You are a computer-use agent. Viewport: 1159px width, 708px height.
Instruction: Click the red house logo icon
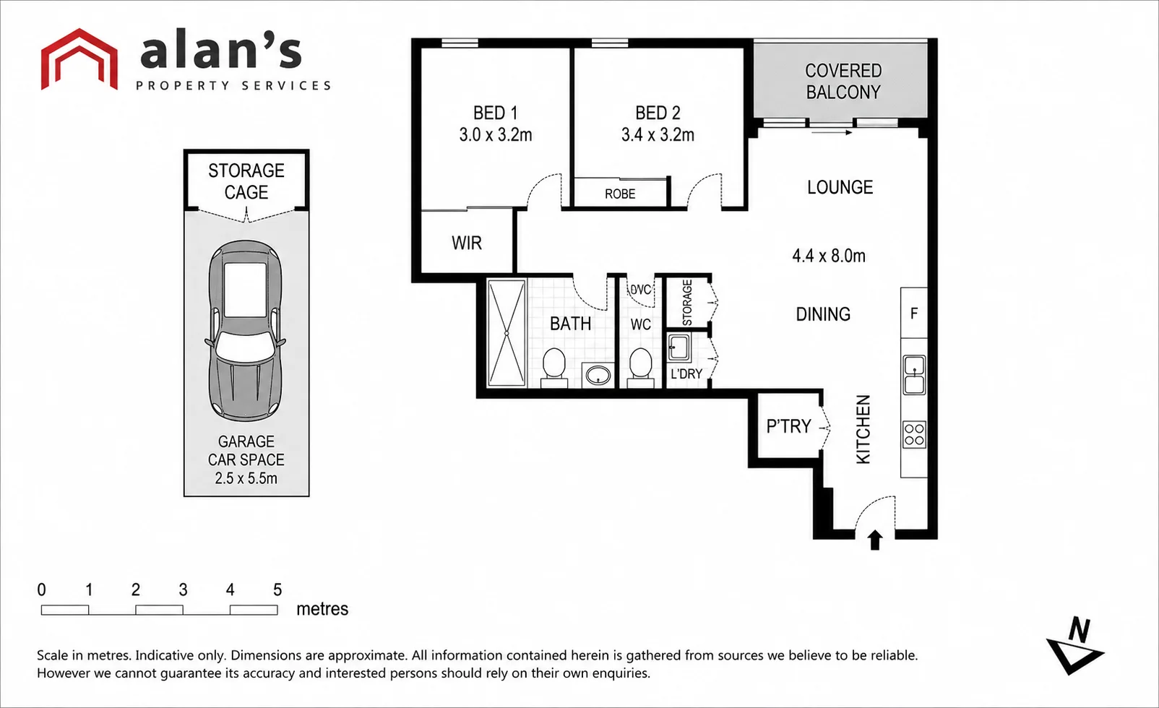point(79,59)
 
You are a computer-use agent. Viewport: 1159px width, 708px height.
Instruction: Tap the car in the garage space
point(245,330)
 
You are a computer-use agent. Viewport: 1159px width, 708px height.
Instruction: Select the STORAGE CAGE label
point(246,181)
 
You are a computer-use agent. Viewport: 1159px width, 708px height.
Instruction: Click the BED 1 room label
point(495,113)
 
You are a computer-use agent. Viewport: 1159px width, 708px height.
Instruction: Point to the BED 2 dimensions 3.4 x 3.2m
point(658,135)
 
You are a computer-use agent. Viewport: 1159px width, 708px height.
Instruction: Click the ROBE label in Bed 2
point(620,194)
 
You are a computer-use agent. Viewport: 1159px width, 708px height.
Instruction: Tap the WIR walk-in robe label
point(467,243)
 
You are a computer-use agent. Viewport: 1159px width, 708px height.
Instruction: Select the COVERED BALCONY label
point(843,81)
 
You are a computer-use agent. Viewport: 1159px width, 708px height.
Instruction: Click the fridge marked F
point(914,313)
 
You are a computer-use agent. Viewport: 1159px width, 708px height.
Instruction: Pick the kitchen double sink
point(914,375)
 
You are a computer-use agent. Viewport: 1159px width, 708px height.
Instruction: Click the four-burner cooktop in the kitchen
point(914,434)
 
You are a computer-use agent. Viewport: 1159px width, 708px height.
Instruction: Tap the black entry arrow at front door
point(875,540)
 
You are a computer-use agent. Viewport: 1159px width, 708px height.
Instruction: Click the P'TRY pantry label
point(788,426)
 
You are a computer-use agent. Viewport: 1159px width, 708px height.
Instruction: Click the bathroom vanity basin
point(598,375)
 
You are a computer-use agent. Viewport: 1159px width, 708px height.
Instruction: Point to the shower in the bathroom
point(507,333)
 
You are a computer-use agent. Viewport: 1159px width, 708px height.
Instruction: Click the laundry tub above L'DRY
point(678,347)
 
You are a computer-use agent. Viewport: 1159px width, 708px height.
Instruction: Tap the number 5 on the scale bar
point(277,590)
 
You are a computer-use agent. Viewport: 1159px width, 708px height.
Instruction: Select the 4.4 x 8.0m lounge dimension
point(829,256)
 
